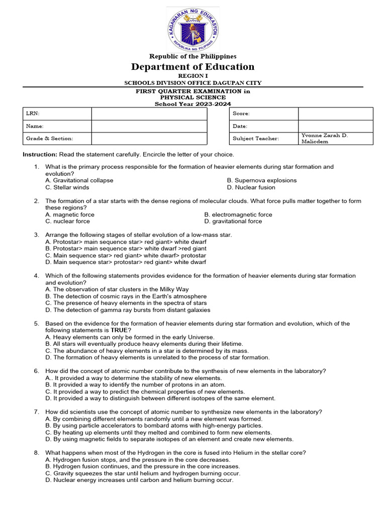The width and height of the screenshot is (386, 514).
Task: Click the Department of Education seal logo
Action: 193,30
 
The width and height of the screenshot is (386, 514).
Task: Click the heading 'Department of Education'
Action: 193,67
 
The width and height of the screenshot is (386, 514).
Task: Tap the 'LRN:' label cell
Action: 57,114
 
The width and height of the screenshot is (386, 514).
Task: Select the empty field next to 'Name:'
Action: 149,126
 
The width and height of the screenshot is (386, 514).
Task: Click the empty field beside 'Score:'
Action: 335,114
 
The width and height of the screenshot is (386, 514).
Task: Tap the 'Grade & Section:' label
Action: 50,139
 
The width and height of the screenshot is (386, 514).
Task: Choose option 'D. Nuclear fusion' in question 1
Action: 251,187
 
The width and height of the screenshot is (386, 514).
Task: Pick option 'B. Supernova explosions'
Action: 261,180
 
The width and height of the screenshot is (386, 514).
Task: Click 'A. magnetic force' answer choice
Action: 70,214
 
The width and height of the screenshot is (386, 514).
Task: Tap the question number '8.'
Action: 37,453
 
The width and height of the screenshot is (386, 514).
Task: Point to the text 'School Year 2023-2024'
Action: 193,104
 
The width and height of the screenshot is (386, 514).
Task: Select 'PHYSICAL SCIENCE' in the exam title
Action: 193,97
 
